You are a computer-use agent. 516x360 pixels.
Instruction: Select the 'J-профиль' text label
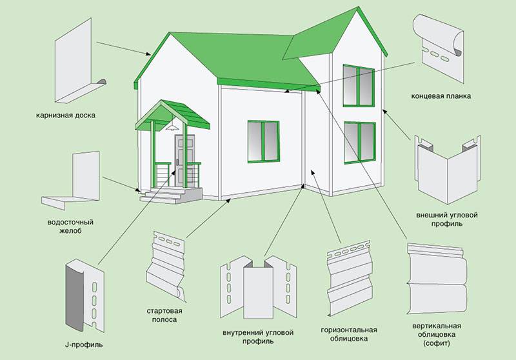click(x=84, y=345)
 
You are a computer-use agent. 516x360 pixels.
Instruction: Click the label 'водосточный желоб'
click(x=66, y=226)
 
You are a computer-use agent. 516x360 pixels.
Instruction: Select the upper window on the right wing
click(x=359, y=85)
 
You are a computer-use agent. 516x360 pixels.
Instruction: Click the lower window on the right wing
click(x=359, y=143)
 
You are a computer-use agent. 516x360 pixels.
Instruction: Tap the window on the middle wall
click(x=263, y=140)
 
